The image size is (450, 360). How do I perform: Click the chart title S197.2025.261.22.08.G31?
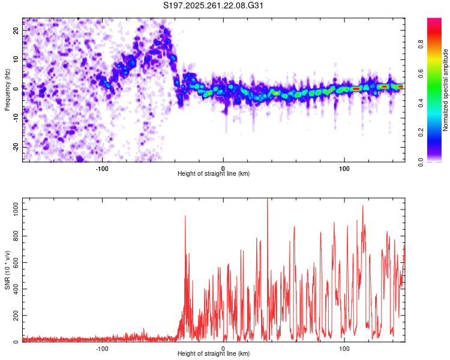(x=214, y=6)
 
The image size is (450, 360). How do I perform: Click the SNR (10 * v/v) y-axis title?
(x=7, y=270)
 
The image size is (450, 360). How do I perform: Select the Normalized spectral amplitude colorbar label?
(x=445, y=90)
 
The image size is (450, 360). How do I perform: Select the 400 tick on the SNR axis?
(x=14, y=289)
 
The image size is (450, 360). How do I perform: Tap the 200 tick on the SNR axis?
(x=14, y=315)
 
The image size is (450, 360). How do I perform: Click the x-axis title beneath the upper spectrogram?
(x=214, y=173)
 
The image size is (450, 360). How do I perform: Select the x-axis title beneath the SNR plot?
(x=214, y=354)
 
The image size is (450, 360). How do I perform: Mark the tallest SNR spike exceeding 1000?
(x=267, y=200)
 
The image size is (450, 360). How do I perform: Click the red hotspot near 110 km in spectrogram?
(x=356, y=88)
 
